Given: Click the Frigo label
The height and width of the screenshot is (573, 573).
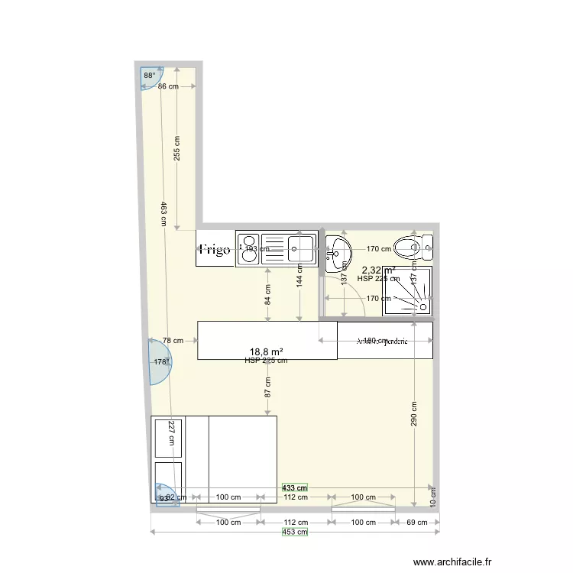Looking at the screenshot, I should click(215, 250).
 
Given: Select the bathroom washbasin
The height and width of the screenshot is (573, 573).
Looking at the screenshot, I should click(338, 250).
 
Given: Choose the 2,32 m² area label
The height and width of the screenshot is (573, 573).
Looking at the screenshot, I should click(378, 270).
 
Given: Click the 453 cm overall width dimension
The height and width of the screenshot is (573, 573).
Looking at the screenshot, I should click(295, 533).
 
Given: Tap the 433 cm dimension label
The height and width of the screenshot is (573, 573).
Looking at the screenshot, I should click(294, 487).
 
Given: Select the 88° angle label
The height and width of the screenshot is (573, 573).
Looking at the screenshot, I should click(149, 75).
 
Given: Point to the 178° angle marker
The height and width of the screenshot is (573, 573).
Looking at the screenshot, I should click(160, 361).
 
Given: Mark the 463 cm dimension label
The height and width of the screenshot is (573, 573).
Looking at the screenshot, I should click(163, 213).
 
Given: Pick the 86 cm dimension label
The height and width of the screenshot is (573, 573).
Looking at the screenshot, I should click(168, 86).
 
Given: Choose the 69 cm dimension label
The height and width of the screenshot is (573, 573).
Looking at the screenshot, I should click(417, 523).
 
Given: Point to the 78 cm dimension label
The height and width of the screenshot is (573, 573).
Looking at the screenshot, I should click(173, 341).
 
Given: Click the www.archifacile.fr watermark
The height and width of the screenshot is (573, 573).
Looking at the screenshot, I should click(452, 560).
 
